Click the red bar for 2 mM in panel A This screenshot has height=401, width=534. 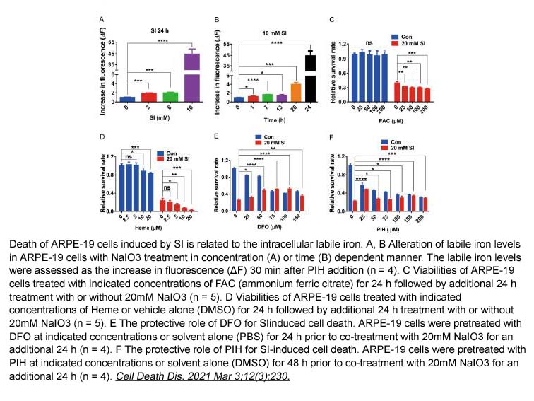tap(148, 98)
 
